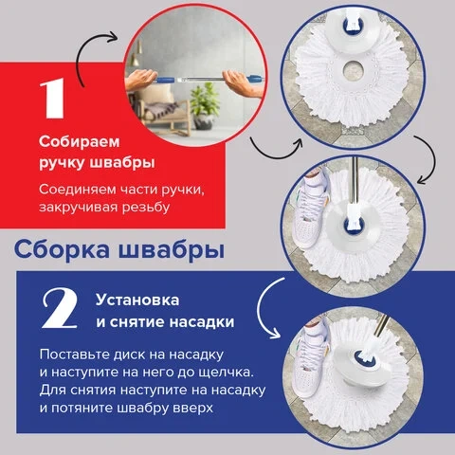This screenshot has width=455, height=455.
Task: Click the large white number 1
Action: point(53,98)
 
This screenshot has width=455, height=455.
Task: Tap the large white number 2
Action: point(60,309)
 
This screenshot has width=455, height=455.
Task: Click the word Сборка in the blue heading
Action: point(63,249)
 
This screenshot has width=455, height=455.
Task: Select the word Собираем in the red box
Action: point(80,142)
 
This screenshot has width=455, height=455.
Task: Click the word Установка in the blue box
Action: point(137,300)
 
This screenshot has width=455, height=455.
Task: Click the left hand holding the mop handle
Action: point(140,79)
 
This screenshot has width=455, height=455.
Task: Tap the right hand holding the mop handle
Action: point(243,82)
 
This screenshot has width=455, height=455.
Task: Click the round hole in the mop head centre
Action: point(351,69)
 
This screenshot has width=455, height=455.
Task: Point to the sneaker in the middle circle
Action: point(307,209)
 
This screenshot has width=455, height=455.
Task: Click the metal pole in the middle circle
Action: point(355,182)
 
